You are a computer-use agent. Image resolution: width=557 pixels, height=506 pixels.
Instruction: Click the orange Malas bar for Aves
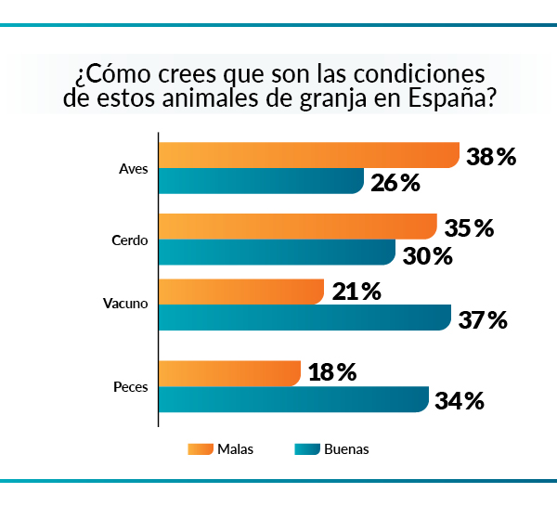309,155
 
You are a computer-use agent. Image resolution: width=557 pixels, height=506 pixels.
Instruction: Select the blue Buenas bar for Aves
261,181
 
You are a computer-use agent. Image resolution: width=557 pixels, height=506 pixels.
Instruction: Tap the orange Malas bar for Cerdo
298,227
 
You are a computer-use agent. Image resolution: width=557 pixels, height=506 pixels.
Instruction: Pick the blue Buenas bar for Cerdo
277,253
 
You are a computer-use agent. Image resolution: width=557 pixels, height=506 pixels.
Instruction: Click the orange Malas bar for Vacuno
241,292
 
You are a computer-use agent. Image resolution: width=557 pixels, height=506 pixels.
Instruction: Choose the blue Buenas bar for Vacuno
304,318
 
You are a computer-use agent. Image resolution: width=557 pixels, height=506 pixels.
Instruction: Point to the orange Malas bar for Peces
229,372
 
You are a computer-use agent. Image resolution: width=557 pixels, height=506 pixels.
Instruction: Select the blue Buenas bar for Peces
293,399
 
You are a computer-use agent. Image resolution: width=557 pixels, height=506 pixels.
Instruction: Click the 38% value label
491,157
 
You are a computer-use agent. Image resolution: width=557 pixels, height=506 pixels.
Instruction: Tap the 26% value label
395,183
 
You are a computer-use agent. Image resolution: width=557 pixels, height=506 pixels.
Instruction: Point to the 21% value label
356,292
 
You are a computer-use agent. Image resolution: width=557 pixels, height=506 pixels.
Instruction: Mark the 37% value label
483,320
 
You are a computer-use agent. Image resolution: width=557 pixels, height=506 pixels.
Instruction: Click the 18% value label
332,372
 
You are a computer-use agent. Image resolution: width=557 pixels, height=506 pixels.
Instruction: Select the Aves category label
134,169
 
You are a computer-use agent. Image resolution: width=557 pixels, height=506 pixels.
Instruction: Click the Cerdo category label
131,240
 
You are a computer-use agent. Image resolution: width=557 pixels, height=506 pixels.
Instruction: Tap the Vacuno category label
126,304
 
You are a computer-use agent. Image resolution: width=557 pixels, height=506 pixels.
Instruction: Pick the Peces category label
131,385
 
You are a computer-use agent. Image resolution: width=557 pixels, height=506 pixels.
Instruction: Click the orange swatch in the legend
200,449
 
